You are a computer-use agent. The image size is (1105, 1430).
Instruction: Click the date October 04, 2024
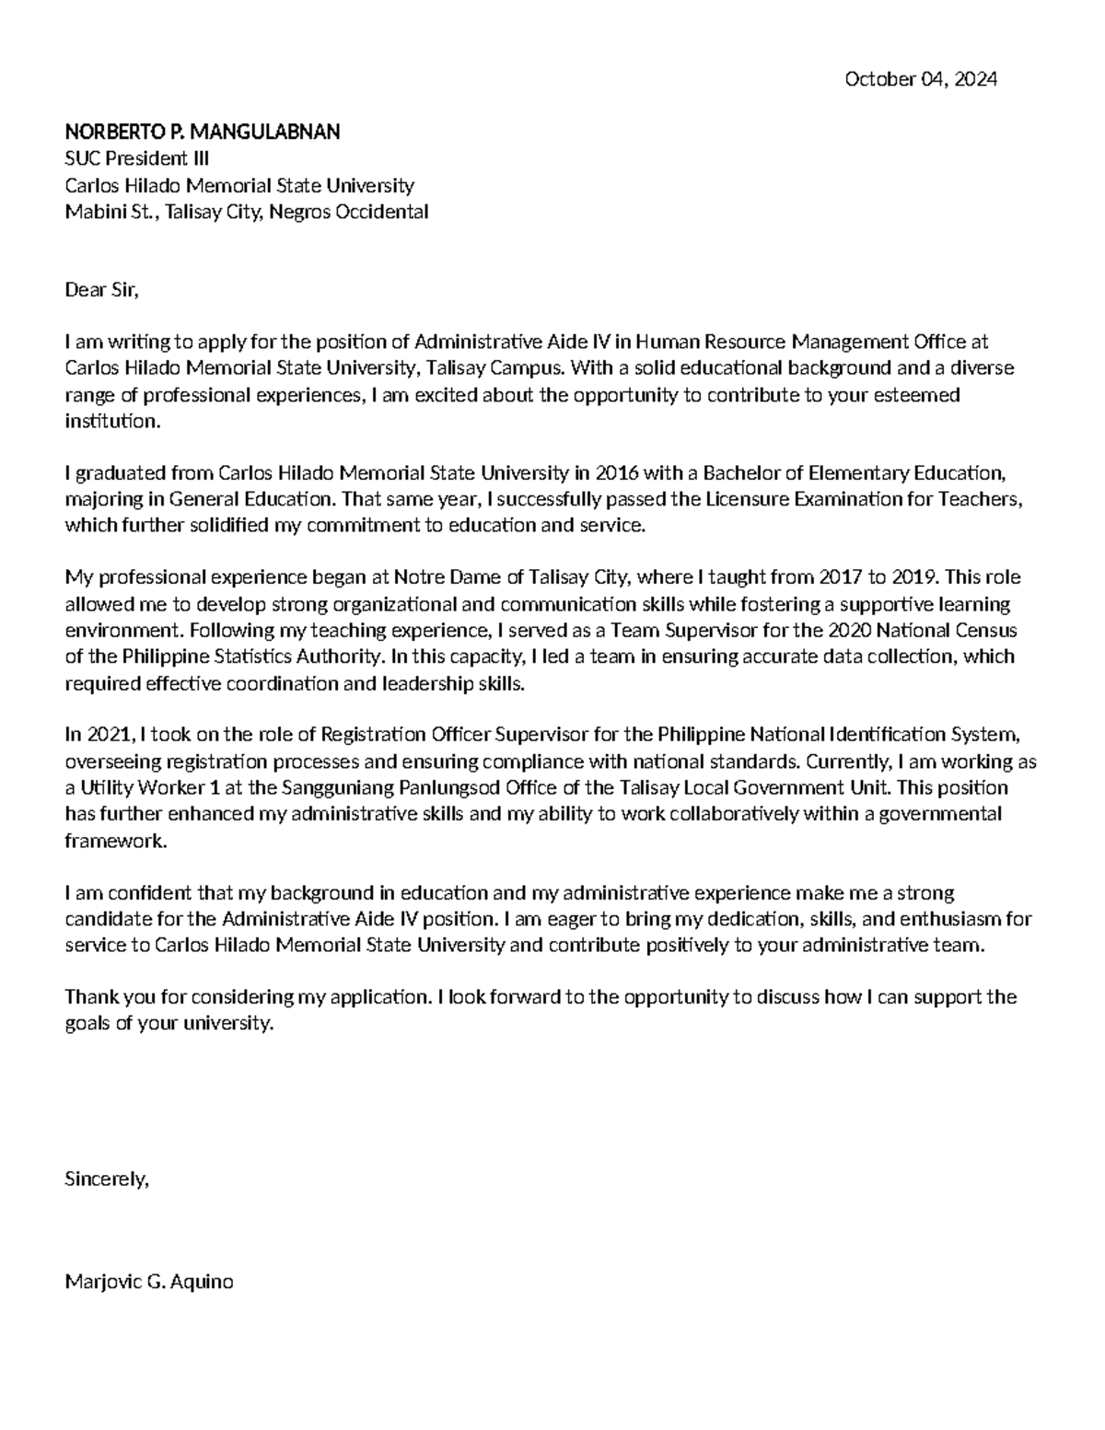click(x=920, y=80)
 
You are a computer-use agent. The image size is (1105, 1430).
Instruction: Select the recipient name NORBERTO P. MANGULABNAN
click(x=202, y=133)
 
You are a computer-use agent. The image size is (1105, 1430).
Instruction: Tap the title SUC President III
click(x=136, y=158)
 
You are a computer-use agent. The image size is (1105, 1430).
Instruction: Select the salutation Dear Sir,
click(x=101, y=290)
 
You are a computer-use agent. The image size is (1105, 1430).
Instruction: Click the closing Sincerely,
click(x=106, y=1179)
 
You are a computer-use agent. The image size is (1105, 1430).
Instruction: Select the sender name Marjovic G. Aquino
click(x=148, y=1282)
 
